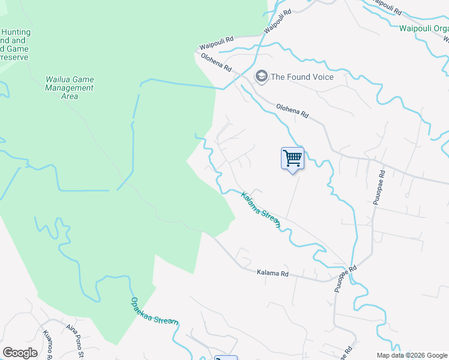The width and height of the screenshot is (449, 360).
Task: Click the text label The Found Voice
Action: [x=302, y=77]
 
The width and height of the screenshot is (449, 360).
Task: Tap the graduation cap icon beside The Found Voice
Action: [x=261, y=76]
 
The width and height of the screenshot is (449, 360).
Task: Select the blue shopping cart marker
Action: [x=292, y=158]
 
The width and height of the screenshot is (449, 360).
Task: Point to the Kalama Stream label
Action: [x=261, y=209]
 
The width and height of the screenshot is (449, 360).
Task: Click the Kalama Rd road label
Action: [x=273, y=273]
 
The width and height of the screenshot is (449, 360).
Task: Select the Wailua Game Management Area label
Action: [x=70, y=88]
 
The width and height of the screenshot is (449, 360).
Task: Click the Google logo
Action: [x=20, y=353]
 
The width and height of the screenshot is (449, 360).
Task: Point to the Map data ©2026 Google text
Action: [x=412, y=355]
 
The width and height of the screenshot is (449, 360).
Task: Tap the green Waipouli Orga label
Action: [x=423, y=27]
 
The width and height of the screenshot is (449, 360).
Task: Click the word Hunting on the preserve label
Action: [x=16, y=32]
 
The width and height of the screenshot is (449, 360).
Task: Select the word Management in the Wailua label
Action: [x=70, y=88]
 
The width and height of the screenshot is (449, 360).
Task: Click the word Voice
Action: [x=322, y=77]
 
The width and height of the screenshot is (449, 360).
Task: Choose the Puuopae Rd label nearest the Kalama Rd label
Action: [x=345, y=279]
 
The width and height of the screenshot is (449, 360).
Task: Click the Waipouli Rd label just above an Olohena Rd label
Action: [x=216, y=46]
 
